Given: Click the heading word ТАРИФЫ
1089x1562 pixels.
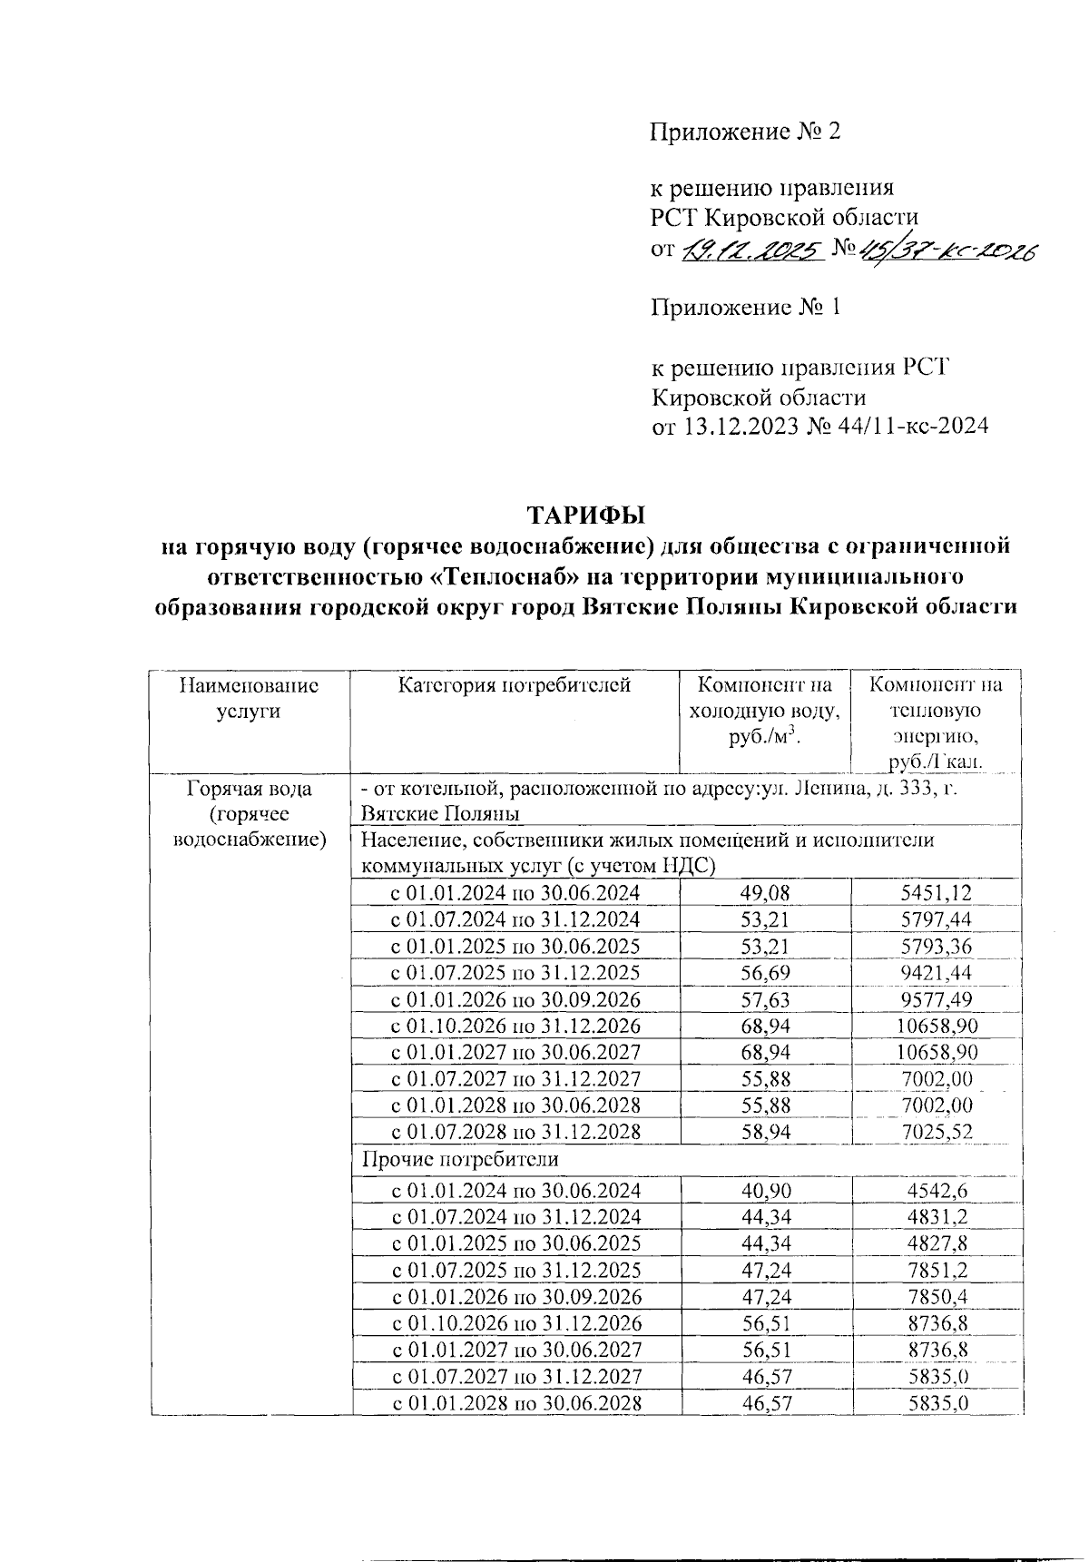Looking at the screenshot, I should pos(586,516).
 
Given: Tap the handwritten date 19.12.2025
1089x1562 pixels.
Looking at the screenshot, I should pos(751,250).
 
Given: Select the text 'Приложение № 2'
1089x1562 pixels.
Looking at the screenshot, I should pos(745,133).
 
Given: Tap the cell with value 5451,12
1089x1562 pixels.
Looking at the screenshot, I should pos(937,893).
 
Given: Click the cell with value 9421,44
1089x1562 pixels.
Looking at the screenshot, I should pos(937,973).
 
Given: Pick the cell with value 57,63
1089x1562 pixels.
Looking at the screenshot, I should pos(765,1000).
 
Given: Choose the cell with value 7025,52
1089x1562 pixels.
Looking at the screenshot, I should pos(937,1133).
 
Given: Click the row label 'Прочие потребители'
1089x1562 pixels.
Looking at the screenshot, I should pos(460,1160).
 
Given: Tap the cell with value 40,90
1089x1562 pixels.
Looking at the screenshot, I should pos(765,1191).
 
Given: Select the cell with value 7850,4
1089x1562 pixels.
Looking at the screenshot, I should pos(937,1297).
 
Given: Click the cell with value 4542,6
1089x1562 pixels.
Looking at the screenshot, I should pos(937,1191).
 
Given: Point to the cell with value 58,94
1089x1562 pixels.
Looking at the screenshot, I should pos(765,1133).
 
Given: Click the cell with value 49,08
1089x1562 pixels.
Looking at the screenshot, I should pos(765,893).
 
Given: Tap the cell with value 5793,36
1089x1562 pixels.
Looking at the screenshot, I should pos(937,947).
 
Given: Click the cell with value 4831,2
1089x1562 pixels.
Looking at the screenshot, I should pos(937,1217).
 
